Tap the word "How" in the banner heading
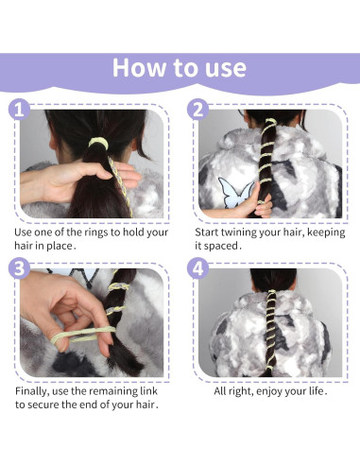point(140,68)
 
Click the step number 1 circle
point(19,110)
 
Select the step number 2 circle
point(197,110)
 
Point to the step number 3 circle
point(19,268)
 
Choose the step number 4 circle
point(197,268)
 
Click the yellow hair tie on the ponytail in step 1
point(98,142)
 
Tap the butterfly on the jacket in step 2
point(235,193)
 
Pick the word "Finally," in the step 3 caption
point(32,391)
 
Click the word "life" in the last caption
point(316,391)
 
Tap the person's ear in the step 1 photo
point(53,145)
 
